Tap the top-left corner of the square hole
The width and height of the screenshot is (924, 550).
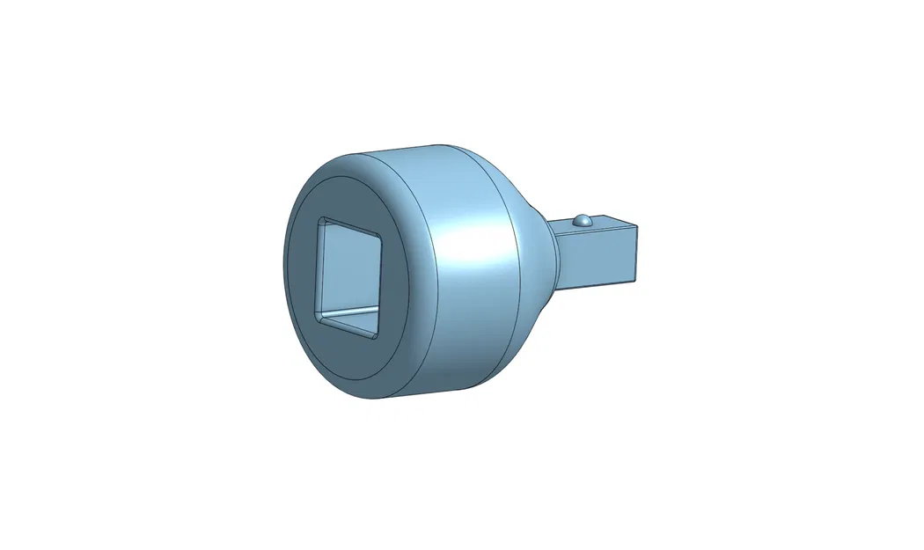(322, 219)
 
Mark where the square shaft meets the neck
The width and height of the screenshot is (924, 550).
(556, 255)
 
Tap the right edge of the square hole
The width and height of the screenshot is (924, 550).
(381, 286)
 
